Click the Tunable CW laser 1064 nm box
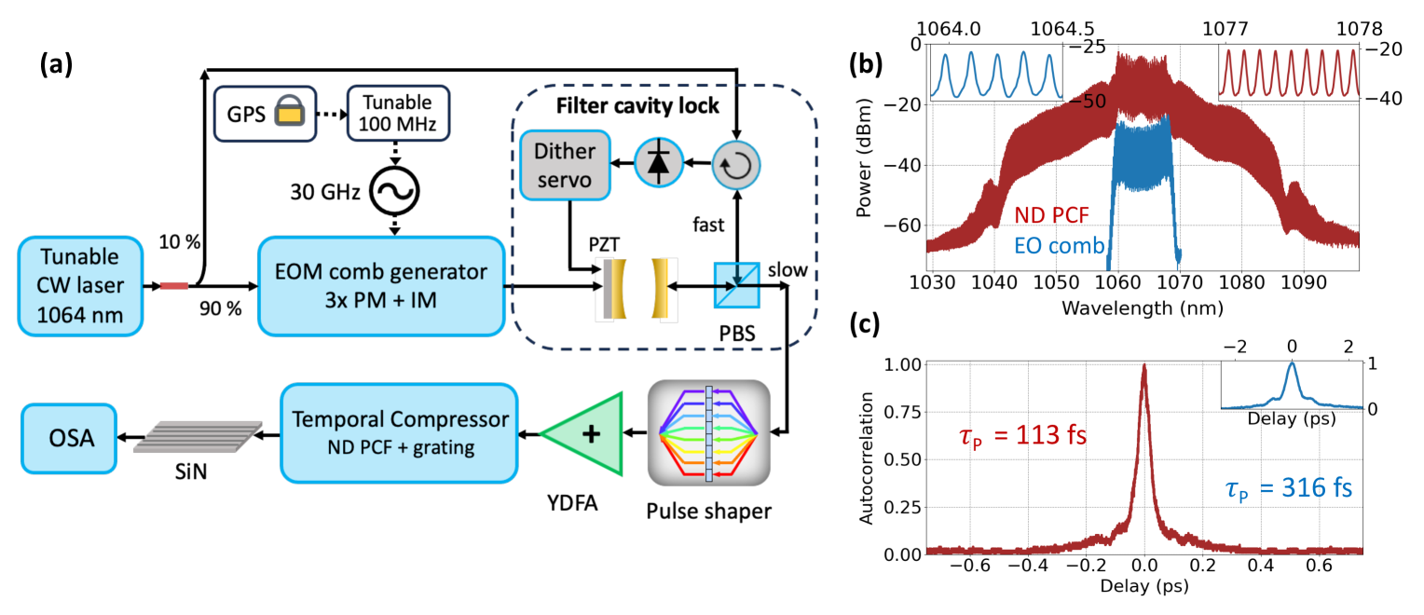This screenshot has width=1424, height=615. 82,286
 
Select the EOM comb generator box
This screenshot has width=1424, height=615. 381,285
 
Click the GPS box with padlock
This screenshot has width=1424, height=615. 266,116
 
